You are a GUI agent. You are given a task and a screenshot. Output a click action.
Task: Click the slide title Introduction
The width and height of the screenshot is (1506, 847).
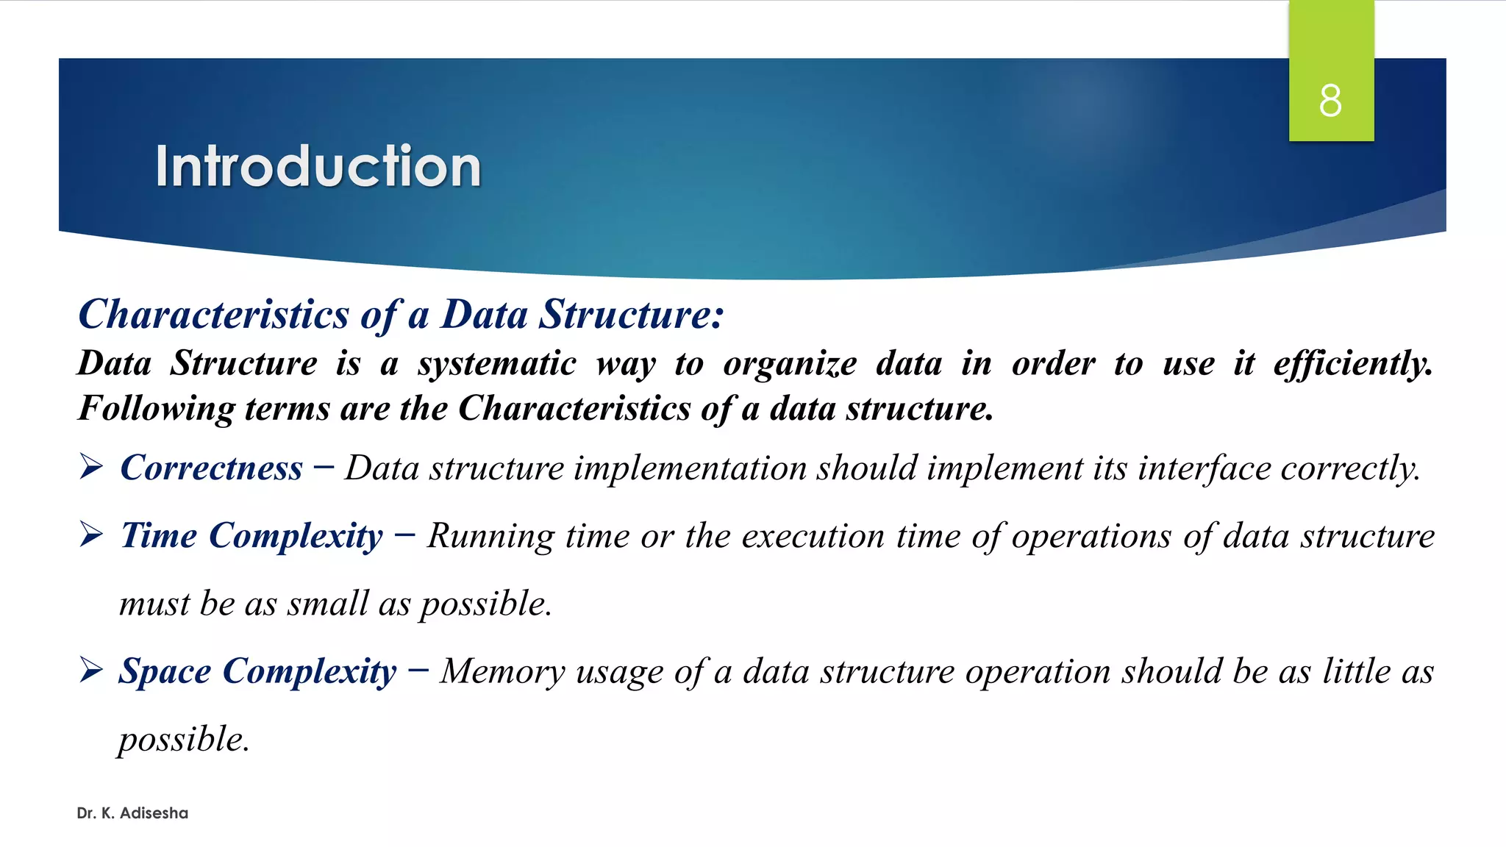pyautogui.click(x=318, y=166)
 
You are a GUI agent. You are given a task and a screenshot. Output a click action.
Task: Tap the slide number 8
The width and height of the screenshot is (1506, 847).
pyautogui.click(x=1330, y=101)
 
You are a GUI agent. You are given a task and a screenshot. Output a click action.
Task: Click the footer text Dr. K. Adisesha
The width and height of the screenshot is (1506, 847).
pyautogui.click(x=132, y=813)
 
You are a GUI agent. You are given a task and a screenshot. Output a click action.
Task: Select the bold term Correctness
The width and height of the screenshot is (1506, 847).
pyautogui.click(x=211, y=468)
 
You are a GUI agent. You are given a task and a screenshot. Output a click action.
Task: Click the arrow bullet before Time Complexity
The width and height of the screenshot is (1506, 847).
pyautogui.click(x=91, y=535)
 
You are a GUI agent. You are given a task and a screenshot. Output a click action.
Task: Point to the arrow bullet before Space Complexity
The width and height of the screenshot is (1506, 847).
pyautogui.click(x=91, y=670)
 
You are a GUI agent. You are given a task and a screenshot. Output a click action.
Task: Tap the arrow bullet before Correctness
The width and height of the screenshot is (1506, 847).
pyautogui.click(x=91, y=467)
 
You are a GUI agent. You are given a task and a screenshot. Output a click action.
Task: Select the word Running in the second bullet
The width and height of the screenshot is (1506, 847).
pyautogui.click(x=490, y=536)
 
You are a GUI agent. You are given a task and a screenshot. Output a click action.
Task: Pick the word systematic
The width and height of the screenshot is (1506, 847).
pyautogui.click(x=497, y=364)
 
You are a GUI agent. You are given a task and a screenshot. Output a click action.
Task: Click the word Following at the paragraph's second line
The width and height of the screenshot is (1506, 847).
pyautogui.click(x=156, y=409)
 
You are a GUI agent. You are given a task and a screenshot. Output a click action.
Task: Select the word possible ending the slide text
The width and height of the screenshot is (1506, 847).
pyautogui.click(x=183, y=740)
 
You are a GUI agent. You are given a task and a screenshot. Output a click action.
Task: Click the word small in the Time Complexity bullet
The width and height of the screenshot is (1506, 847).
pyautogui.click(x=327, y=604)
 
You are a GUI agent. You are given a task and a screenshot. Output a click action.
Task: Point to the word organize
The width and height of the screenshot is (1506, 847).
pyautogui.click(x=790, y=364)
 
